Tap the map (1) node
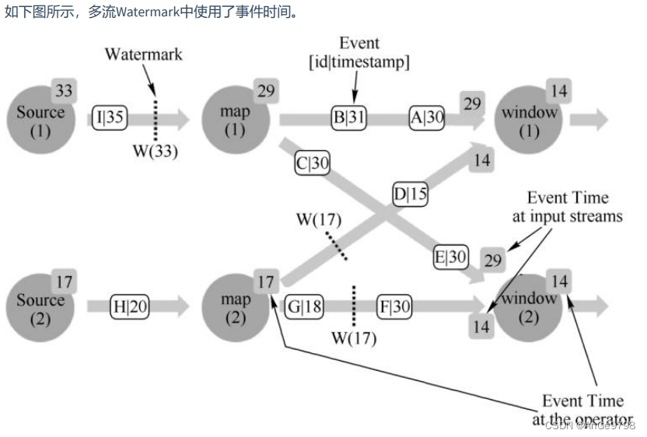point(235,119)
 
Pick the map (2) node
point(235,306)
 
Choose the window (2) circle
point(530,306)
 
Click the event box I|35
point(108,119)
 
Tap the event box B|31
point(349,119)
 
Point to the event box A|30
point(427,118)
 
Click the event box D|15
point(410,194)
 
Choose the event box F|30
point(394,306)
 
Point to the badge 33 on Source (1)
point(64,91)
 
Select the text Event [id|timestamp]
point(359,51)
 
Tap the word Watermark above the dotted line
point(144,54)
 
